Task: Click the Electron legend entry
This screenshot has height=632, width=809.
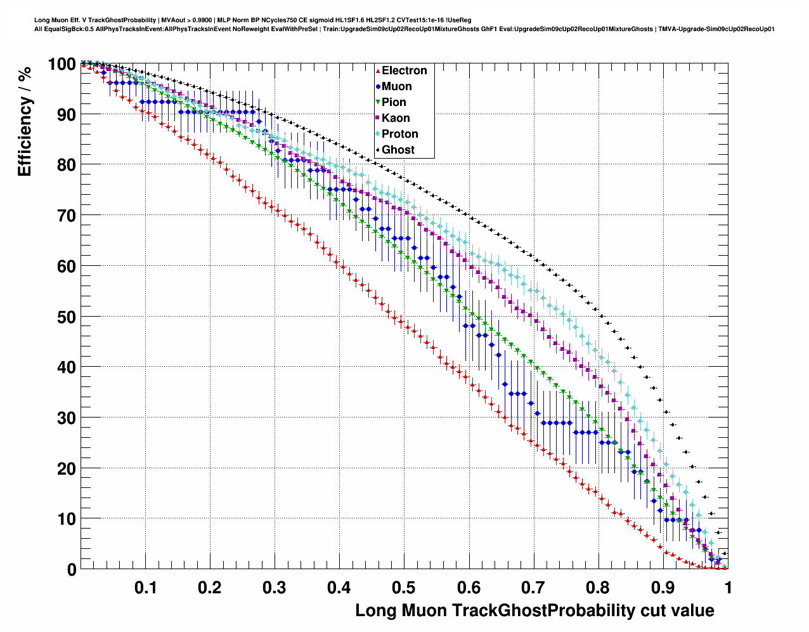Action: (404, 70)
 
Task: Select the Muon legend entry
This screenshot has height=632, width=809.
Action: (396, 86)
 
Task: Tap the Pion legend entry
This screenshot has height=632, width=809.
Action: (394, 102)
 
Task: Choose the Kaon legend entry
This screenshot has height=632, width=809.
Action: (396, 118)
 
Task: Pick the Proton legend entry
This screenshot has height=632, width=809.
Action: (399, 134)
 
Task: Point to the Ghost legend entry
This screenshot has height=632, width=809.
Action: (398, 150)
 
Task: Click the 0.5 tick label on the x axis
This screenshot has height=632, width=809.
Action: (404, 588)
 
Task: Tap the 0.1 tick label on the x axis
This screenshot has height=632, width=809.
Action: (145, 588)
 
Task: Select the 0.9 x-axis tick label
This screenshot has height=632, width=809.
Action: (663, 588)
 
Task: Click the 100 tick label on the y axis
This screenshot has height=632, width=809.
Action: (61, 64)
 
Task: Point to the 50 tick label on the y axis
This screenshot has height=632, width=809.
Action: (67, 317)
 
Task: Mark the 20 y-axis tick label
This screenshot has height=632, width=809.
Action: (67, 468)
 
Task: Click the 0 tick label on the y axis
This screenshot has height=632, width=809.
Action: (72, 570)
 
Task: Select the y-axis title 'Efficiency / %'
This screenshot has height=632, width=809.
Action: (25, 121)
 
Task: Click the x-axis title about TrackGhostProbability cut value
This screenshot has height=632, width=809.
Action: (534, 610)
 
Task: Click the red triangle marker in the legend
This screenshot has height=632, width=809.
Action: (378, 70)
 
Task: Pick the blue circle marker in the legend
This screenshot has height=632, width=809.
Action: (378, 86)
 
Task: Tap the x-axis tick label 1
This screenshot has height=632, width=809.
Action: (728, 588)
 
